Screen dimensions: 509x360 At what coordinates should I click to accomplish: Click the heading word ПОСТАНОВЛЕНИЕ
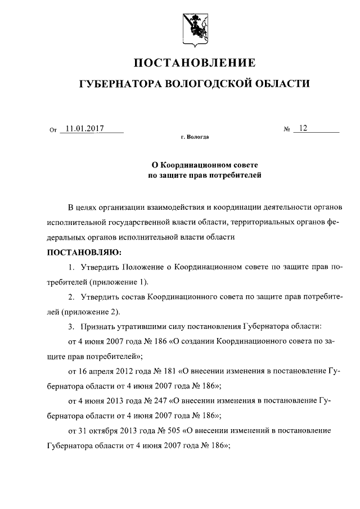[193, 62]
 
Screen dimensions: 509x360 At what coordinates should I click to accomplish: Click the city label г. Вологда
[195, 137]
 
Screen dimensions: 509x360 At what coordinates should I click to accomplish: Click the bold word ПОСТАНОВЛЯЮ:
[80, 251]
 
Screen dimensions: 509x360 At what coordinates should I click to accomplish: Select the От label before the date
[53, 130]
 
